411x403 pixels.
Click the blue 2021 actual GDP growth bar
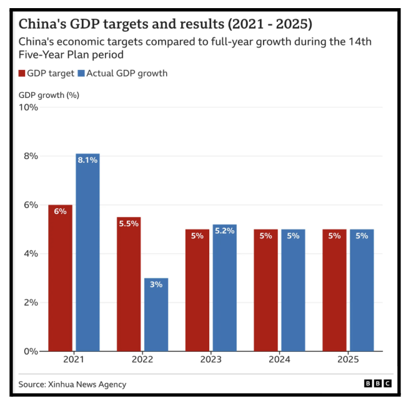(x=87, y=252)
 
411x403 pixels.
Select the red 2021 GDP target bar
(x=61, y=278)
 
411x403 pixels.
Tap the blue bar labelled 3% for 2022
(x=156, y=314)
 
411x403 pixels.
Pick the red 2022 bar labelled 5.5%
(x=129, y=284)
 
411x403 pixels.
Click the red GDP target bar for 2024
(x=265, y=290)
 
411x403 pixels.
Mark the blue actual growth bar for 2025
(x=362, y=290)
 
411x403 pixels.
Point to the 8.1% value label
(x=87, y=160)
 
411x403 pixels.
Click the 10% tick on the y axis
(x=29, y=107)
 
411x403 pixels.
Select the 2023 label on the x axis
(x=210, y=361)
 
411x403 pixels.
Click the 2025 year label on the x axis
(x=348, y=361)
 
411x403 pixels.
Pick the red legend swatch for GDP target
(x=22, y=74)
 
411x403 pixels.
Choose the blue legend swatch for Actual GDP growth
(x=81, y=74)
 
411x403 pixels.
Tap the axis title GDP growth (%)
(x=49, y=95)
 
